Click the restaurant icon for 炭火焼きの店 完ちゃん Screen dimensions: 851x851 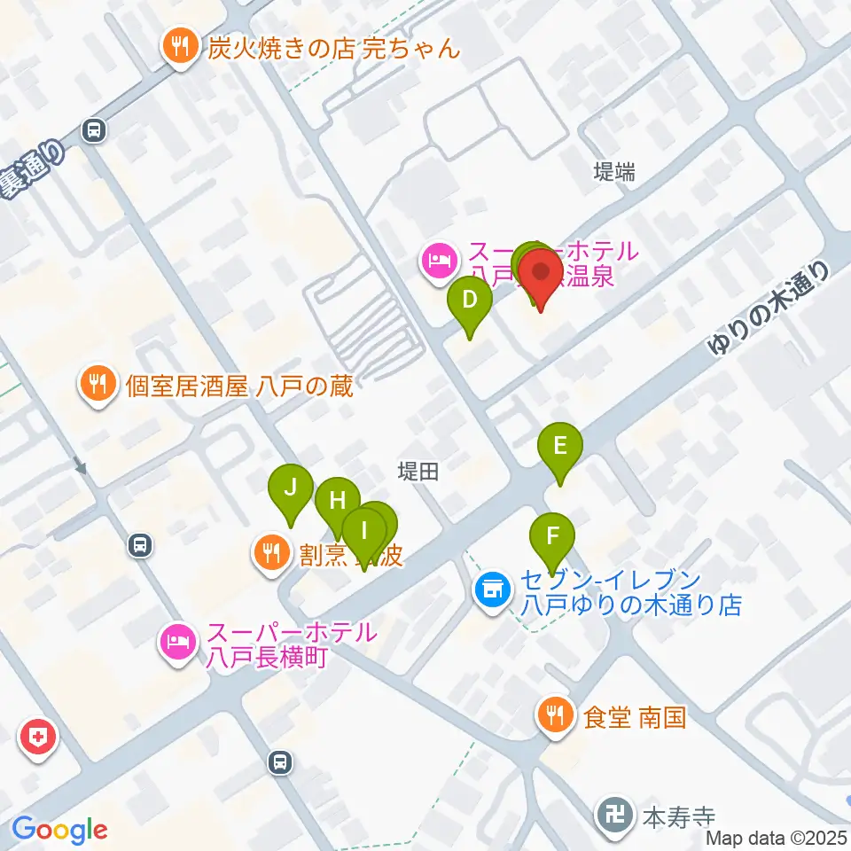point(181,47)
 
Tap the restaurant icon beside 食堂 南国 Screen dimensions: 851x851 point(556,714)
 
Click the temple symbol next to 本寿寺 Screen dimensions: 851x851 point(614,815)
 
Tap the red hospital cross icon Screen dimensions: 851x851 point(41,737)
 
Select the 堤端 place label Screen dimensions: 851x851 point(614,173)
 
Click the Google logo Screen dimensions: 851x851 point(59,830)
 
